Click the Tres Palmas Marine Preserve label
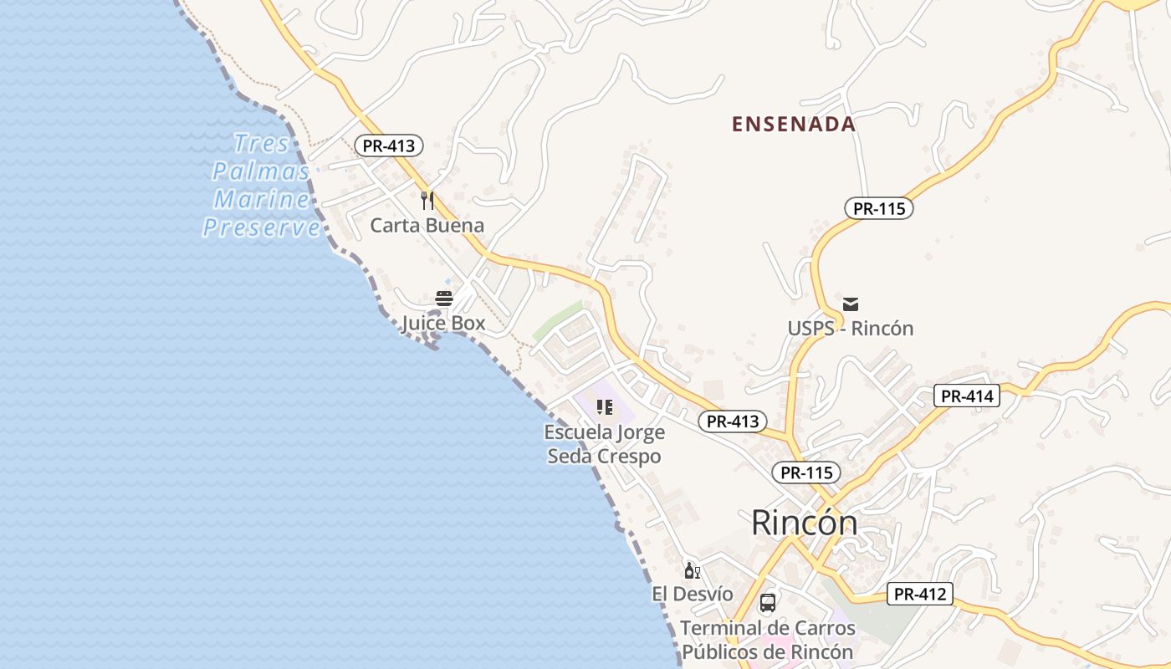(x=261, y=185)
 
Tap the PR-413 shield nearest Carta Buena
(x=389, y=146)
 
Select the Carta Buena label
(x=427, y=225)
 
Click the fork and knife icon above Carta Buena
(x=427, y=201)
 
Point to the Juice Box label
(x=443, y=323)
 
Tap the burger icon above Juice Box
(x=444, y=299)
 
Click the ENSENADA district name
(x=793, y=125)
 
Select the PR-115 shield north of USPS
(x=878, y=208)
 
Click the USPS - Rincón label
(x=850, y=329)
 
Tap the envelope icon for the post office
(x=851, y=304)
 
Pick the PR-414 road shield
(x=967, y=396)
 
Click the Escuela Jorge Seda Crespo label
(x=604, y=444)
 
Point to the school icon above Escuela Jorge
(x=605, y=408)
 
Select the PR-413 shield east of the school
(x=733, y=421)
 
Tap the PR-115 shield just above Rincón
(x=806, y=472)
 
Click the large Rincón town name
(x=804, y=523)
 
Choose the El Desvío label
(x=693, y=595)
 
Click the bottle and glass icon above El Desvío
(x=693, y=571)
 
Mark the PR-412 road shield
(x=919, y=595)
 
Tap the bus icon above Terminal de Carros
(x=768, y=603)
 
